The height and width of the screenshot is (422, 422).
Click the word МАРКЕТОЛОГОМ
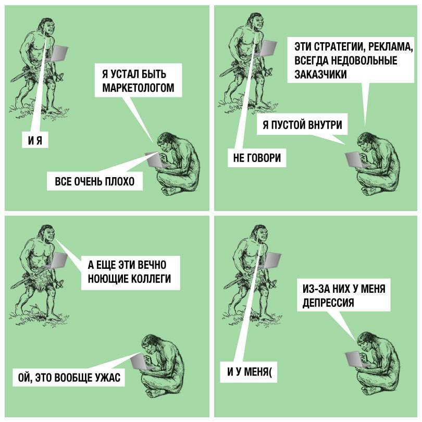139,88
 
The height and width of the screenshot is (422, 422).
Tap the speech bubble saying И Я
35,140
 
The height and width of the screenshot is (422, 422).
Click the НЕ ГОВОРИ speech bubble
257,158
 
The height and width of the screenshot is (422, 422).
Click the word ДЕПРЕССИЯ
328,303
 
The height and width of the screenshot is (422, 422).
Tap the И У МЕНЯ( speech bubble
249,372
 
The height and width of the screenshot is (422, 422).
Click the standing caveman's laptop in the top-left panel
59,53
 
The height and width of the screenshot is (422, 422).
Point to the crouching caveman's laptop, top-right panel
353,159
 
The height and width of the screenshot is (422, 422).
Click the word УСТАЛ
125,74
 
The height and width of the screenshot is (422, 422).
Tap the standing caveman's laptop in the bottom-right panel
272,260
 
